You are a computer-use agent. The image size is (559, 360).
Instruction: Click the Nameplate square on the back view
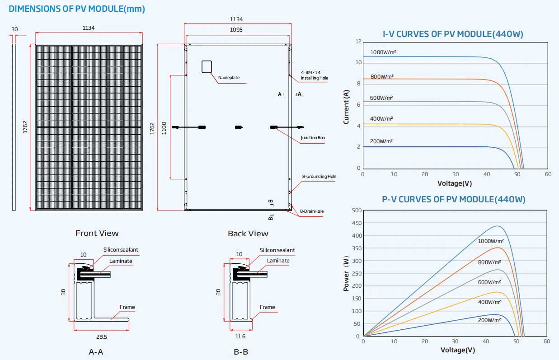pyautogui.click(x=207, y=66)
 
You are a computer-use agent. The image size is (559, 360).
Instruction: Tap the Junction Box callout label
pyautogui.click(x=313, y=138)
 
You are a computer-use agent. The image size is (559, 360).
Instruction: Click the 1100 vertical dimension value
pyautogui.click(x=164, y=128)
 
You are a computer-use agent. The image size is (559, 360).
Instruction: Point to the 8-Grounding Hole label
pyautogui.click(x=319, y=177)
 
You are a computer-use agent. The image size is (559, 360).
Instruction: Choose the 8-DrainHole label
pyautogui.click(x=312, y=211)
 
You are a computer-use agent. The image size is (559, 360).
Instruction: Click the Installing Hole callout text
pyautogui.click(x=315, y=78)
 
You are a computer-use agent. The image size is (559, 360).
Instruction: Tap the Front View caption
pyautogui.click(x=97, y=233)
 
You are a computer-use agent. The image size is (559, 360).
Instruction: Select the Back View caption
pyautogui.click(x=248, y=234)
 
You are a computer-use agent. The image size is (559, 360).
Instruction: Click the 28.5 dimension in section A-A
pyautogui.click(x=101, y=337)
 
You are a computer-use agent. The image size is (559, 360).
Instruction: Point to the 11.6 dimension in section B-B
pyautogui.click(x=240, y=337)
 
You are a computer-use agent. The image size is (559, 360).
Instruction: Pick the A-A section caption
pyautogui.click(x=96, y=352)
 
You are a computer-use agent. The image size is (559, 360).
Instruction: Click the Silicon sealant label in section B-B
pyautogui.click(x=277, y=250)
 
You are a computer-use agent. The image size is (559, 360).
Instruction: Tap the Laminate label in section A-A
pyautogui.click(x=121, y=261)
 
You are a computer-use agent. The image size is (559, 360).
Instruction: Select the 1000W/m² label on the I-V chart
pyautogui.click(x=383, y=52)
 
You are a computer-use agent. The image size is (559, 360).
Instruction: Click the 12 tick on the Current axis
pyautogui.click(x=358, y=42)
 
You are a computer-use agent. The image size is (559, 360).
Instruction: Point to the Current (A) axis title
pyautogui.click(x=346, y=107)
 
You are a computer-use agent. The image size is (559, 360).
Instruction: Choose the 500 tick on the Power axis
pyautogui.click(x=356, y=210)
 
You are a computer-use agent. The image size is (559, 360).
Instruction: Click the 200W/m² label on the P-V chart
pyautogui.click(x=489, y=320)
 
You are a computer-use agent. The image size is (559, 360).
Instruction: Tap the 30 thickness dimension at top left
pyautogui.click(x=14, y=29)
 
